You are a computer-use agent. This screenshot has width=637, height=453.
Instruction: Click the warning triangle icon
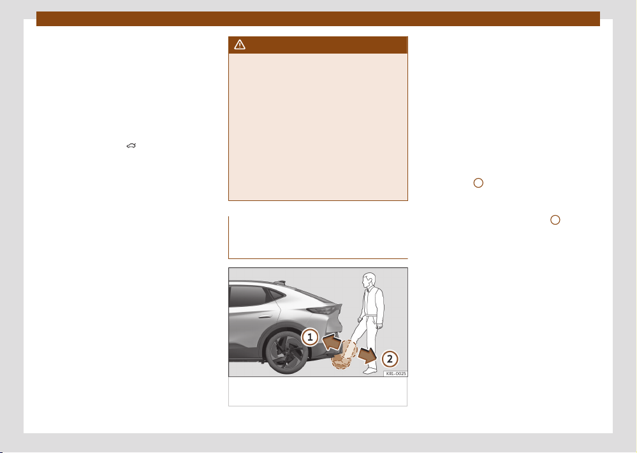[x=240, y=45]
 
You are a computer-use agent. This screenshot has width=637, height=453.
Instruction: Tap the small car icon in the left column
[x=131, y=145]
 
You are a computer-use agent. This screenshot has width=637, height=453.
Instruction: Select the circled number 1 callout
[x=310, y=337]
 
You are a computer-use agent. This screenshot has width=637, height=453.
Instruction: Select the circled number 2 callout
[x=390, y=359]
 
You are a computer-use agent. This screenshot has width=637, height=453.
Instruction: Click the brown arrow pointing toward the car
[x=332, y=341]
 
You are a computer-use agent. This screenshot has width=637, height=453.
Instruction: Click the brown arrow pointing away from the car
[x=367, y=355]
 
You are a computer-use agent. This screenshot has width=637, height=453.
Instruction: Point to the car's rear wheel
[x=287, y=353]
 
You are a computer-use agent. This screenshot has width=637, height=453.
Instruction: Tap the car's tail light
[x=324, y=310]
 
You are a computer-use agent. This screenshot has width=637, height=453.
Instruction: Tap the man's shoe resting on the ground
[x=370, y=371]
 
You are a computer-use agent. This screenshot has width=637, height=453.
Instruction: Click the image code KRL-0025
[x=395, y=374]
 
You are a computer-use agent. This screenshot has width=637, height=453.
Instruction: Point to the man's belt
[x=372, y=314]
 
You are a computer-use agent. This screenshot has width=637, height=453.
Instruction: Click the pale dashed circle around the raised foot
[x=349, y=349]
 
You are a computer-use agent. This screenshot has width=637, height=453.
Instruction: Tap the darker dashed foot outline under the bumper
[x=340, y=361]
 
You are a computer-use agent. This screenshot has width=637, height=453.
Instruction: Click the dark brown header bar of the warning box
[x=318, y=45]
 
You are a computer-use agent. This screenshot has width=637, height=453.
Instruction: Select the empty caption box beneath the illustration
[x=318, y=392]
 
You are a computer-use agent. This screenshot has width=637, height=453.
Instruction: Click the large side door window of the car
[x=249, y=296]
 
